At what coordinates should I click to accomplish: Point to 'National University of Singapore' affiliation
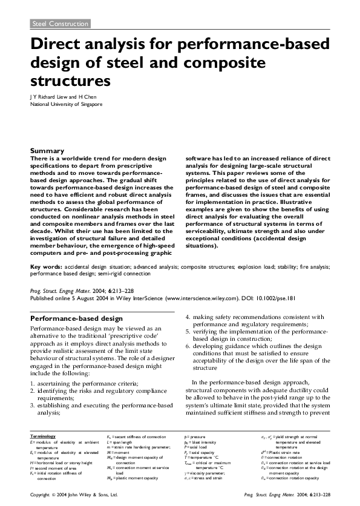67,104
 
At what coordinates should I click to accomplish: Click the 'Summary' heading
47,151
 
